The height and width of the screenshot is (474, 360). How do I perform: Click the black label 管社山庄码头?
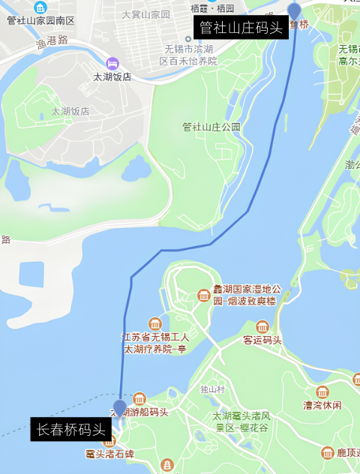click(241, 28)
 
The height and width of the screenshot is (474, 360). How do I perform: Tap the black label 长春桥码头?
click(71, 430)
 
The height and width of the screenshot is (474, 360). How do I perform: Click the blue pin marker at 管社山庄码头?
click(295, 10)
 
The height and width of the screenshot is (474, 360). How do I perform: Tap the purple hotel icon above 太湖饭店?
click(112, 63)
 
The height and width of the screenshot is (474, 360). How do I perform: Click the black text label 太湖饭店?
click(112, 76)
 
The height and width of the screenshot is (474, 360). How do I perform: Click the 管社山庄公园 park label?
click(211, 127)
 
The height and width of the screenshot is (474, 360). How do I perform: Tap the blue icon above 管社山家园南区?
click(40, 7)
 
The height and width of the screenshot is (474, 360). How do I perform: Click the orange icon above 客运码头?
click(262, 327)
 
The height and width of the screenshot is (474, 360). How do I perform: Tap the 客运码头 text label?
click(262, 340)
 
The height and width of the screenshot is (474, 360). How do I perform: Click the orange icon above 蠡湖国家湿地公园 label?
click(203, 295)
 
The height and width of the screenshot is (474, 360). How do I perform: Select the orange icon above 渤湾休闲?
click(322, 392)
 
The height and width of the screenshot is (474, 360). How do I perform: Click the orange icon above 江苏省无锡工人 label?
click(155, 324)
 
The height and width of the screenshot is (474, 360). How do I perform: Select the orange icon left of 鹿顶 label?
click(328, 453)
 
